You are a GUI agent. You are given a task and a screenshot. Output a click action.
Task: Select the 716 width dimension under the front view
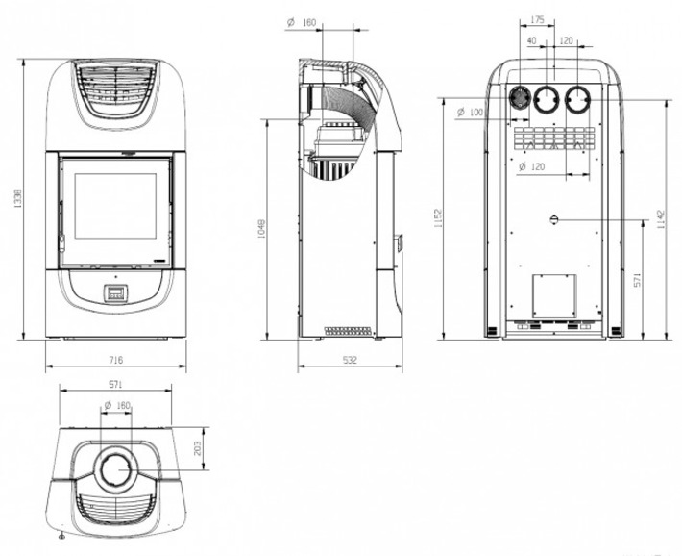click(115, 360)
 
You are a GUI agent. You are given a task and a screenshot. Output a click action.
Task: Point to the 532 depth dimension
click(350, 360)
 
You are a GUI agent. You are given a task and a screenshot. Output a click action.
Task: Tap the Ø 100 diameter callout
click(471, 114)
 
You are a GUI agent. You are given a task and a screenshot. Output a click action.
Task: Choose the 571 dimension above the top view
click(116, 383)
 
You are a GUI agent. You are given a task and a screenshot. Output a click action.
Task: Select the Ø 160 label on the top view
click(117, 407)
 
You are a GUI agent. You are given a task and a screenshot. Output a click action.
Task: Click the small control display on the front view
click(115, 294)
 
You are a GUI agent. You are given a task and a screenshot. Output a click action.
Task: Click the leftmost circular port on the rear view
click(521, 99)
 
